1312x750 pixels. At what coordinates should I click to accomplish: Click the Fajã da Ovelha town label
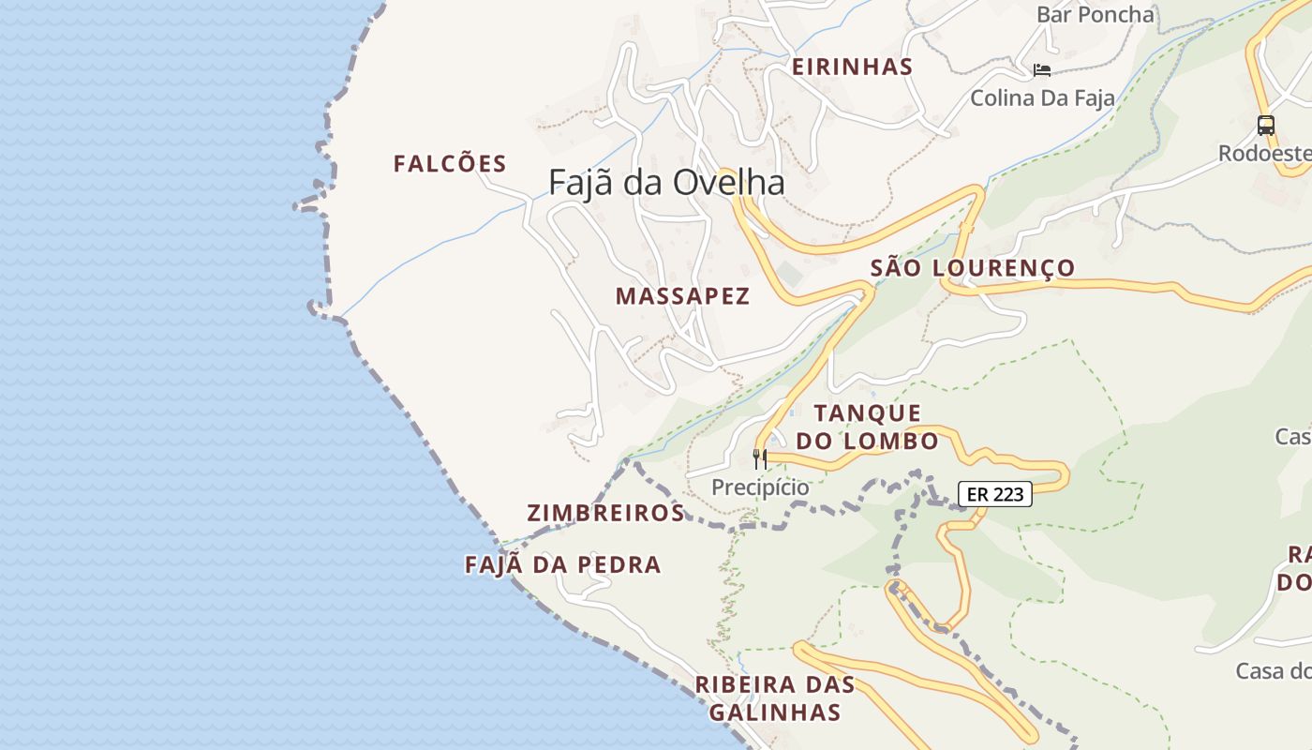[666, 182]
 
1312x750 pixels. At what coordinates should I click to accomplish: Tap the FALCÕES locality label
[450, 164]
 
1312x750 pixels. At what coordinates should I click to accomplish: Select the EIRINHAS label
[852, 67]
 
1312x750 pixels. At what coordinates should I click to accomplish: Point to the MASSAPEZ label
[682, 296]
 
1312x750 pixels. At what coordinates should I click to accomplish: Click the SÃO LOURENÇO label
[973, 268]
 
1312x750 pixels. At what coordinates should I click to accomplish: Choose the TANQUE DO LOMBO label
[867, 427]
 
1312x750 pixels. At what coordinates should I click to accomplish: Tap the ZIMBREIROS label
[605, 513]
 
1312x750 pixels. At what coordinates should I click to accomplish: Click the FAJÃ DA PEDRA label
[563, 564]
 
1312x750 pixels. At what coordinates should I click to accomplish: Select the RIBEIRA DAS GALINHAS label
[775, 698]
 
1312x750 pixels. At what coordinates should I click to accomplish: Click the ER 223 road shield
[994, 493]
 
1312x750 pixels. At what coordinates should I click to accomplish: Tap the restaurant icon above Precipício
[760, 458]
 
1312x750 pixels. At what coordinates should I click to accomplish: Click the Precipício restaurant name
[760, 487]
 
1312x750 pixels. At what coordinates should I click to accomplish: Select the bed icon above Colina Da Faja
[1042, 69]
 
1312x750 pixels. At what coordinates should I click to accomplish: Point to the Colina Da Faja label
[1042, 97]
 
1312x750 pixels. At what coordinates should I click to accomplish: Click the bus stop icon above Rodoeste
[1265, 125]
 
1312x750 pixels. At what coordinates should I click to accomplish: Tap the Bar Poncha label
[1095, 14]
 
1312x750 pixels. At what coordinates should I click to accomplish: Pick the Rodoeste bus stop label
[1264, 153]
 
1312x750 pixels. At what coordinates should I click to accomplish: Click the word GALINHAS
[775, 712]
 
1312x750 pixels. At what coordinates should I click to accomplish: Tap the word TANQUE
[867, 412]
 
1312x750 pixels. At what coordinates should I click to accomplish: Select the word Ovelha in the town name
[740, 182]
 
